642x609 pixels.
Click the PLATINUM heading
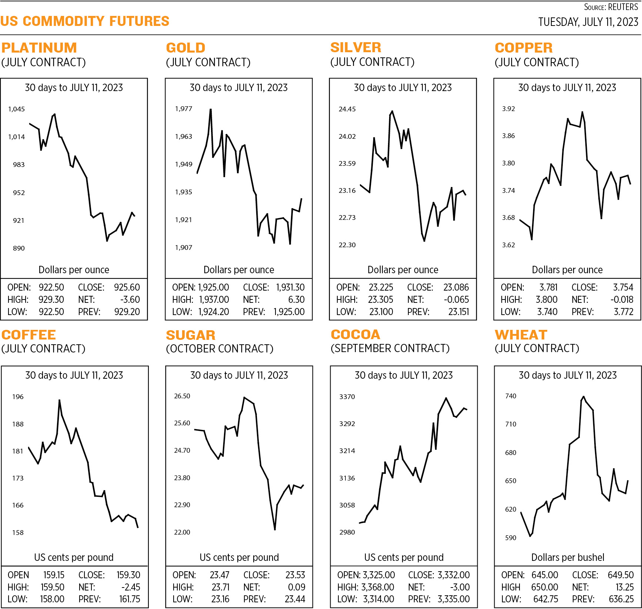pos(39,48)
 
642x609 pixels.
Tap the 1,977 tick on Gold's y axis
pos(183,108)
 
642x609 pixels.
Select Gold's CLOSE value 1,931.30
pos(290,287)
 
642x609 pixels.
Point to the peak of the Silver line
pos(392,111)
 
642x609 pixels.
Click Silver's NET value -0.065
pos(456,300)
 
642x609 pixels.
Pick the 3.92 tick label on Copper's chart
pos(508,108)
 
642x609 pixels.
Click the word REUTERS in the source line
pos(623,7)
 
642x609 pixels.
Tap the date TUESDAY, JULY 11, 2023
pos(588,22)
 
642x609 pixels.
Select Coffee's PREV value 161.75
pos(130,599)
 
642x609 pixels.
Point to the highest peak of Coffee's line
pos(59,400)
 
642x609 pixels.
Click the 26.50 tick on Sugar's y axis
pos(182,396)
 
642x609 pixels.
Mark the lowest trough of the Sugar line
pos(275,530)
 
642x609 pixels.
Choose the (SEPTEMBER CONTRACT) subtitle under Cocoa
pos(390,348)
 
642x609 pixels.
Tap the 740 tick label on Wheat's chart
pos(511,396)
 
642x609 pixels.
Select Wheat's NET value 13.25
pos(624,587)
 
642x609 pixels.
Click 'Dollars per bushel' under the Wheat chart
pos(568,557)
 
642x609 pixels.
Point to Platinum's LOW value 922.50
pos(51,312)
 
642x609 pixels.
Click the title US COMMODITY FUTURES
pos(85,21)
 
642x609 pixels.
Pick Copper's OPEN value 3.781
pos(548,287)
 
